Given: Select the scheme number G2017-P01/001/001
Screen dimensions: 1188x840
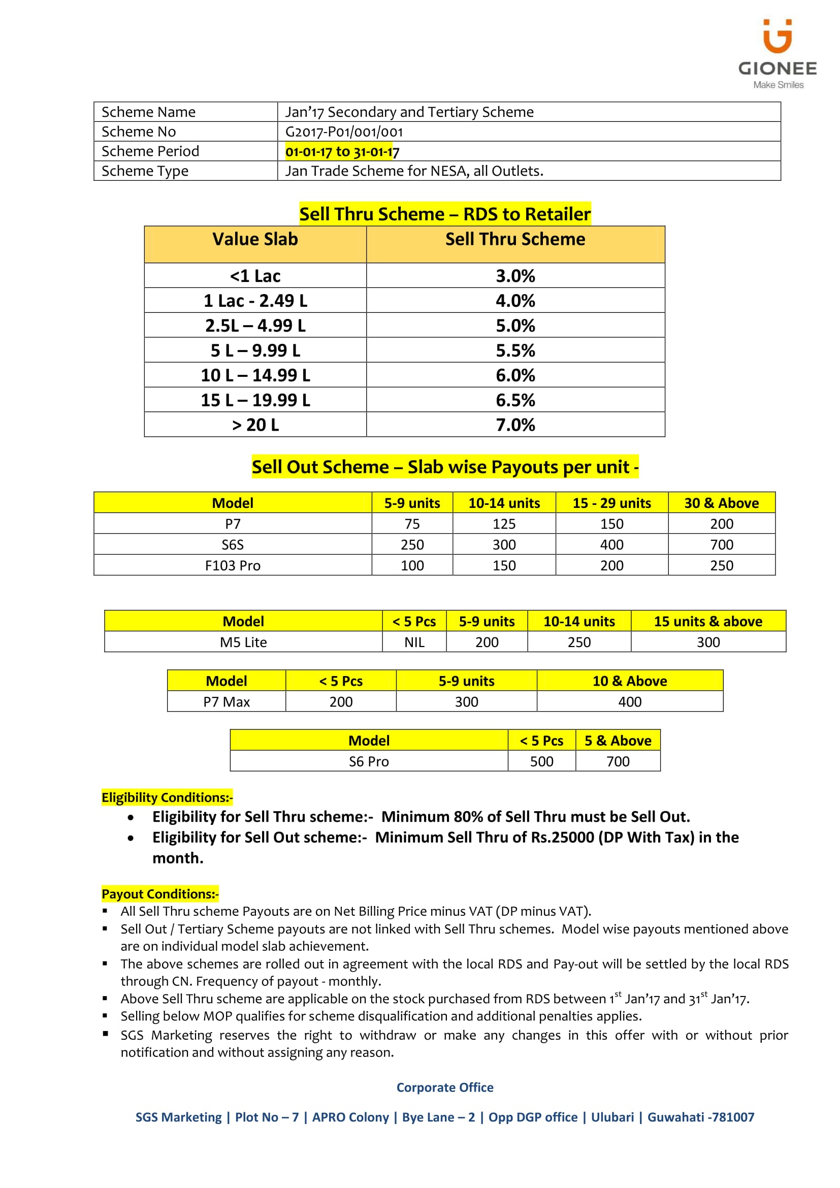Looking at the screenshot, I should (344, 132).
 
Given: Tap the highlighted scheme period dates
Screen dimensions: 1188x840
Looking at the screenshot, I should (342, 151).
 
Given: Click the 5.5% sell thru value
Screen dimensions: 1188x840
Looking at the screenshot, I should (515, 350).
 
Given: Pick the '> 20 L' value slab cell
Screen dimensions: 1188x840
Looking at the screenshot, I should (255, 425).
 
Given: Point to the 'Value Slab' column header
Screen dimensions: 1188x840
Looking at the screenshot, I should (255, 239).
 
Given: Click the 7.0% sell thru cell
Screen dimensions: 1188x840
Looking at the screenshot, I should (515, 425).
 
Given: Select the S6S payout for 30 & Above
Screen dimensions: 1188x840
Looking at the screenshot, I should (721, 544).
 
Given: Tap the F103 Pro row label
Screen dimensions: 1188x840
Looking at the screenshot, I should (233, 565).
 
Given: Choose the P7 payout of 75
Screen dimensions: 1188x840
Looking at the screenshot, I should (412, 524).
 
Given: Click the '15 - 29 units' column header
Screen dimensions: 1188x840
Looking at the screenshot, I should (611, 503).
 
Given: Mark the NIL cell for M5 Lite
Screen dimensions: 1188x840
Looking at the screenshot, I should (414, 642).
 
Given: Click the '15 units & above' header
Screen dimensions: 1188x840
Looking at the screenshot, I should (707, 621).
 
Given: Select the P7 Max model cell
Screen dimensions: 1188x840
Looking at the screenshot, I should (226, 701).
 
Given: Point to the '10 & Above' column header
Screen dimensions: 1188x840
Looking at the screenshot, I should (629, 681).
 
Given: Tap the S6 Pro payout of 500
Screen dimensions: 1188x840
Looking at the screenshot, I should (541, 761).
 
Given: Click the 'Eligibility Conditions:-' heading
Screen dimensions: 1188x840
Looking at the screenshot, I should (167, 797).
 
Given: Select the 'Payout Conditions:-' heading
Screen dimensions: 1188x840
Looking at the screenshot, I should (160, 893).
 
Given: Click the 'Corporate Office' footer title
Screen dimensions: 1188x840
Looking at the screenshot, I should (444, 1087).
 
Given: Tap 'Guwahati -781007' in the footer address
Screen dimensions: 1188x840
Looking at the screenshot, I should (700, 1117).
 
